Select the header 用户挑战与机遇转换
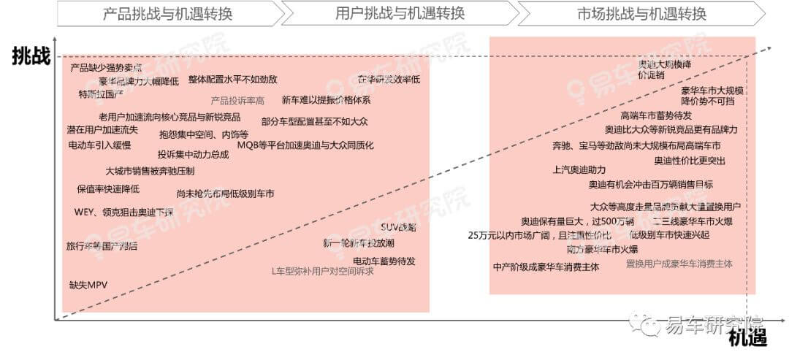[400, 13]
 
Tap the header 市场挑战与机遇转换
[641, 13]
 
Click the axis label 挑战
[30, 57]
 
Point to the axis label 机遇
[747, 337]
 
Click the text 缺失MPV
[88, 285]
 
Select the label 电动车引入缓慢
[99, 145]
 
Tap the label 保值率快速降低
[107, 189]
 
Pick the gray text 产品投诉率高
[237, 101]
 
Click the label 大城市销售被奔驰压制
[150, 171]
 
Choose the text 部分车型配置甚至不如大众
[314, 121]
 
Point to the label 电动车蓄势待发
[384, 261]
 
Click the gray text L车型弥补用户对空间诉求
[322, 272]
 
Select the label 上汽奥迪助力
[579, 170]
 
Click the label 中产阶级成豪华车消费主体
[546, 267]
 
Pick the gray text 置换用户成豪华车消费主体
[679, 264]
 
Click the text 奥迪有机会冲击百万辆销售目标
[651, 185]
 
